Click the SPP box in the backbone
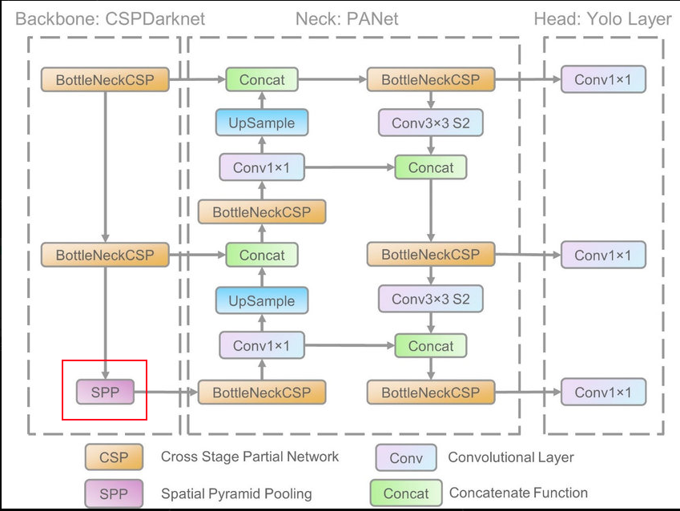tap(105, 392)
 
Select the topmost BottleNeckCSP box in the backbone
tap(105, 79)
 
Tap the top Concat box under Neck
tap(262, 79)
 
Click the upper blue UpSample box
tap(262, 123)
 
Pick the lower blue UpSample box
tap(262, 301)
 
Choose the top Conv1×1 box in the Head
tap(602, 79)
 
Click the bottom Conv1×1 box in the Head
tap(602, 392)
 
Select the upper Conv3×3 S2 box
tap(431, 123)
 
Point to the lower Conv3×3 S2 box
tap(431, 300)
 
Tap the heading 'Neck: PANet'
tap(347, 18)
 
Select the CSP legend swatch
tap(114, 458)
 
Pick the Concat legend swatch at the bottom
tap(406, 493)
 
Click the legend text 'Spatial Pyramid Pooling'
tap(236, 493)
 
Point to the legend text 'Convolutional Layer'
tap(510, 457)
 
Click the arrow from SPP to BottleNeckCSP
tap(165, 392)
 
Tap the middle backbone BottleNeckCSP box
tap(105, 255)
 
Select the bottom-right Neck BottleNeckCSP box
tap(431, 392)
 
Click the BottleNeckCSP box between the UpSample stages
tap(262, 212)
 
